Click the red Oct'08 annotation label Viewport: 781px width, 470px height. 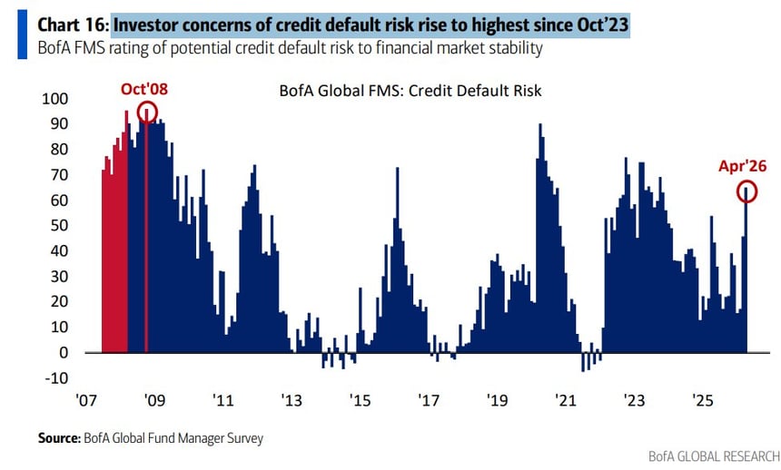(145, 90)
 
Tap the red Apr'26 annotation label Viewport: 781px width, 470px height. (743, 165)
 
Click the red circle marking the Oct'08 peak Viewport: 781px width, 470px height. (146, 112)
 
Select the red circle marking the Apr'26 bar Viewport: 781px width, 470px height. (746, 191)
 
